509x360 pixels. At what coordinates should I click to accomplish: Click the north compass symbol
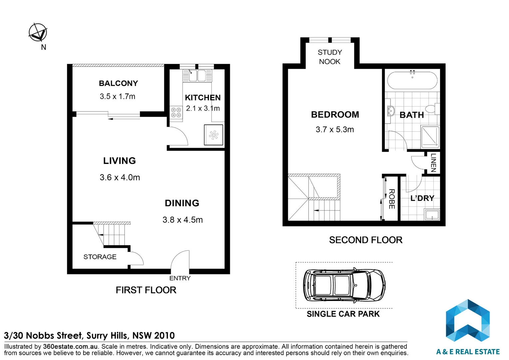point(38,32)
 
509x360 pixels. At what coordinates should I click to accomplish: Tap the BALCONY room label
point(118,83)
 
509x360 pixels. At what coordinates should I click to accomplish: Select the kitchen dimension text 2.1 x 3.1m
point(203,108)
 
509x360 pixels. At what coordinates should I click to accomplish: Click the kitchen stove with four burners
point(176,113)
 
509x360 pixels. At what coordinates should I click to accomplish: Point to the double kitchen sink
point(197,76)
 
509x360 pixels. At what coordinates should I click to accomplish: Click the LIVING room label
point(120,161)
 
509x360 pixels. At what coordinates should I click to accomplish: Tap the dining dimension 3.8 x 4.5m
point(183,220)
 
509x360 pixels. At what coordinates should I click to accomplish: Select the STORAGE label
point(100,257)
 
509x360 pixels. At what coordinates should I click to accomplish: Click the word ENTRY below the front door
point(180,278)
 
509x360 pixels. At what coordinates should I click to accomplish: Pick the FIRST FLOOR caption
point(146,290)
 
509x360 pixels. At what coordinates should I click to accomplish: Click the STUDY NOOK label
point(330,57)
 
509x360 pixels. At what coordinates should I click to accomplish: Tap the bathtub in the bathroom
point(412,80)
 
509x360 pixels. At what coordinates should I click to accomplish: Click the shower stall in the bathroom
point(430,137)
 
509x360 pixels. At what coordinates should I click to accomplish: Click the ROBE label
point(392,199)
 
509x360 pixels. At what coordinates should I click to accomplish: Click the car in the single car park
point(344,285)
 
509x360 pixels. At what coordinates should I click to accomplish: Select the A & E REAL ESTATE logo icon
point(468,320)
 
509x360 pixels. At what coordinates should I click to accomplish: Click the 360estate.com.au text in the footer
point(70,347)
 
